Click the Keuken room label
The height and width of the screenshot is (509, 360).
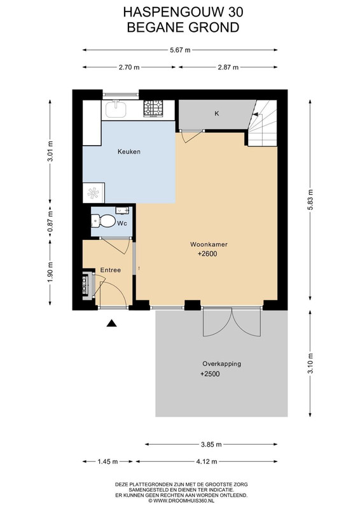pos(129,151)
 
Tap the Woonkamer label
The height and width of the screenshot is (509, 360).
pos(209,244)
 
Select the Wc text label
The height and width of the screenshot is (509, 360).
pos(122,223)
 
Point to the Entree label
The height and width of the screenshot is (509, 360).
pos(111,270)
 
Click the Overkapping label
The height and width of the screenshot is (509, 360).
pos(222,363)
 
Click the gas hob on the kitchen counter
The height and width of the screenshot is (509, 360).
pos(153,108)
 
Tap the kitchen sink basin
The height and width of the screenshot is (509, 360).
pos(115,109)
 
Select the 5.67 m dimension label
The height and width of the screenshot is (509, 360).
pos(180,50)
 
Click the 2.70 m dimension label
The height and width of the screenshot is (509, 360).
pos(129,67)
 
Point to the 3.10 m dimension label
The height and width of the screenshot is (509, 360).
pos(310,363)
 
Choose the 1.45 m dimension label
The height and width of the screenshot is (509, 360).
pos(107,461)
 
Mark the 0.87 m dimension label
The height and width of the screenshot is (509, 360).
pos(50,223)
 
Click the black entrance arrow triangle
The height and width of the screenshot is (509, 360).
pos(112,323)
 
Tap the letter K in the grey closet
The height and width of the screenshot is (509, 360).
pos(217,113)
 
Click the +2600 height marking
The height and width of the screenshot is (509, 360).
pos(207,254)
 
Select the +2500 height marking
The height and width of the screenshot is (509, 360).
pos(210,374)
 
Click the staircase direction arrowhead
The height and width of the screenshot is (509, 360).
pos(256,115)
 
